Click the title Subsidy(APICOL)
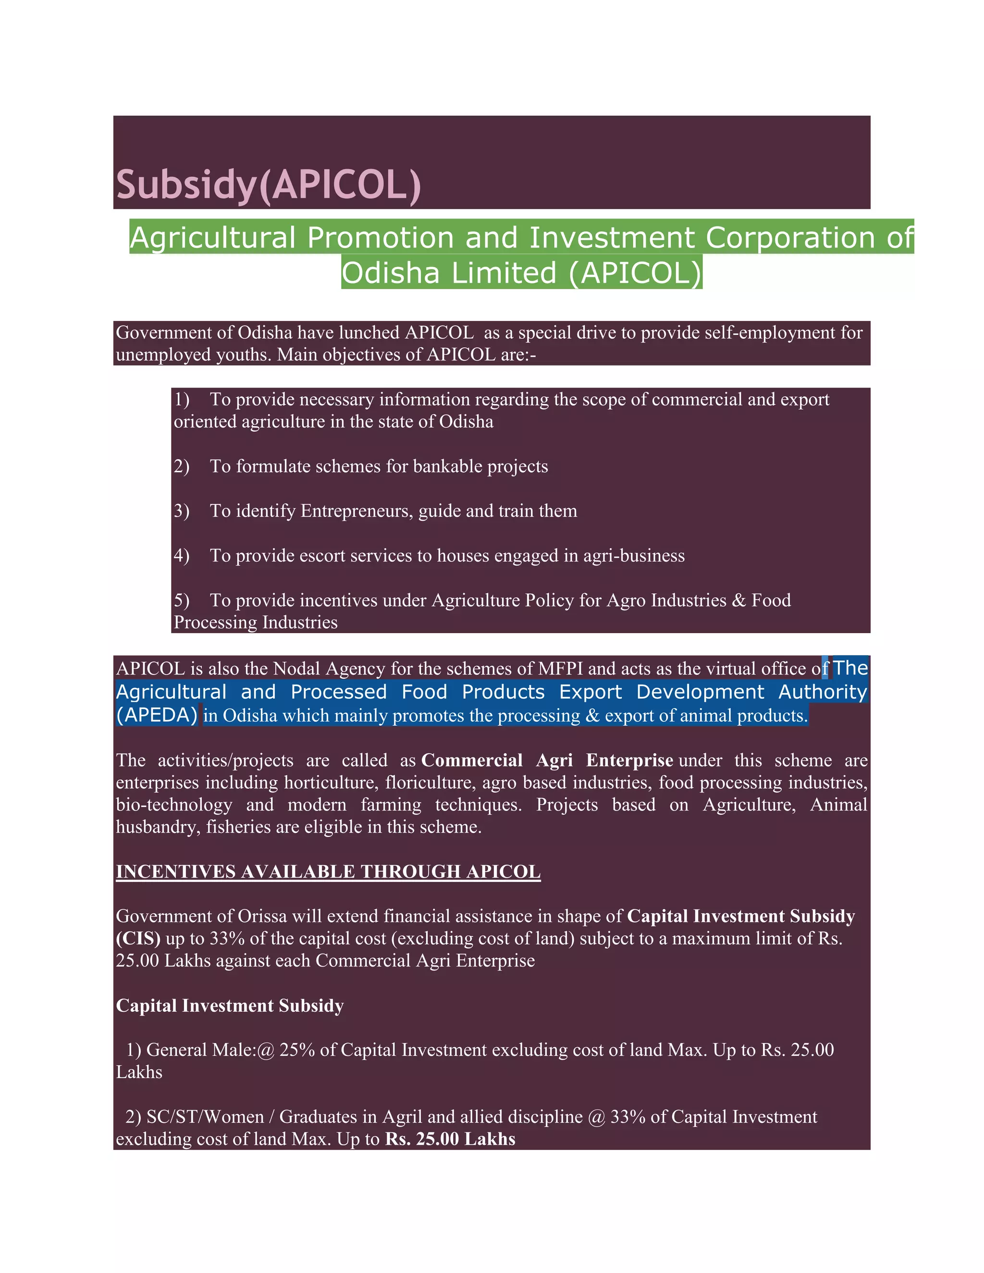[268, 185]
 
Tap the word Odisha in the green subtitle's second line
[390, 273]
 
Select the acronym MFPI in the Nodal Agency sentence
[560, 669]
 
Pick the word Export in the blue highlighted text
[590, 692]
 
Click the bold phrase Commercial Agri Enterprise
[547, 760]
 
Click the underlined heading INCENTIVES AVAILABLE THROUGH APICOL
[328, 872]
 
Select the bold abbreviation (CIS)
[138, 939]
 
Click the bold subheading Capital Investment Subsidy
[230, 1006]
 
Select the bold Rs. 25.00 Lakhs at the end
[450, 1139]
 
